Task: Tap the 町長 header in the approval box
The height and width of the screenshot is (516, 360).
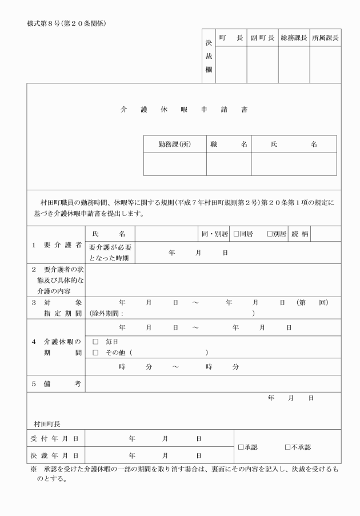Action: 231,37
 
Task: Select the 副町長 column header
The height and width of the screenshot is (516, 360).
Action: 262,37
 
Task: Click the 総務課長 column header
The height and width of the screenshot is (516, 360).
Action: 294,37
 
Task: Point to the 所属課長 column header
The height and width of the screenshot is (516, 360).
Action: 325,37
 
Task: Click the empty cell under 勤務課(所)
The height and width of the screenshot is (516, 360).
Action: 174,164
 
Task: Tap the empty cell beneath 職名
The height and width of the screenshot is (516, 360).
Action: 229,164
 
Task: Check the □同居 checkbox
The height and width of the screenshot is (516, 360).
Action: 236,234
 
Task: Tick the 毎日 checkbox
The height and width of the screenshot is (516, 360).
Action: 95,341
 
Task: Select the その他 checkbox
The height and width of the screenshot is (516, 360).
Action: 95,353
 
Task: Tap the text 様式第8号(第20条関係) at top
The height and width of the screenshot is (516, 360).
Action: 66,23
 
